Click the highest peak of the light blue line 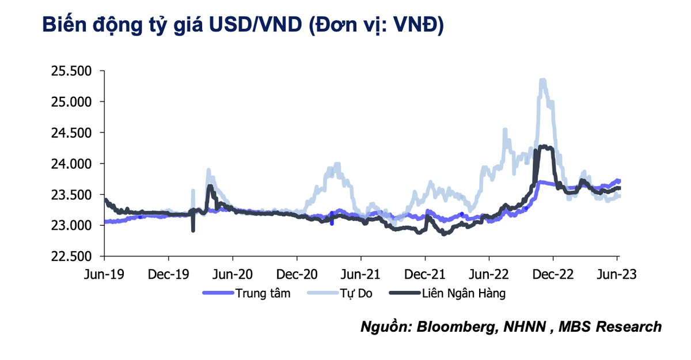[x=542, y=81]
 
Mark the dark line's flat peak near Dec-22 [x=544, y=148]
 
